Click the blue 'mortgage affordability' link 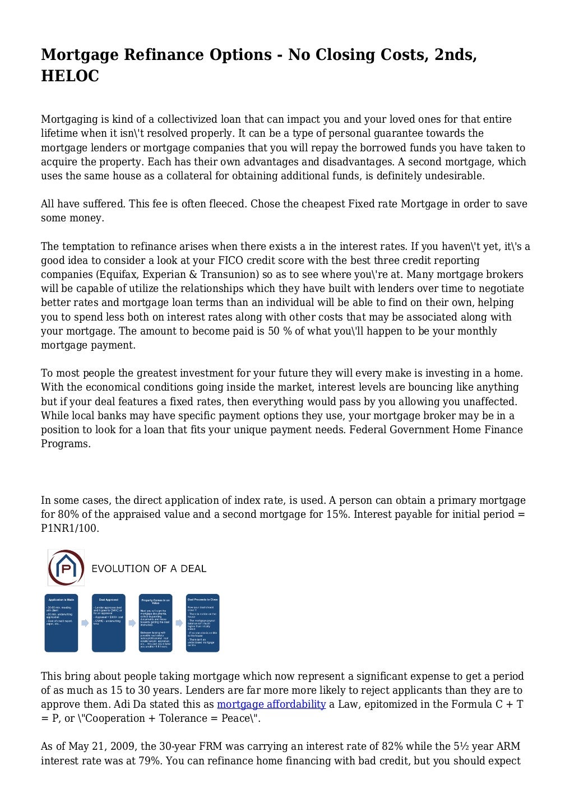pyautogui.click(x=271, y=704)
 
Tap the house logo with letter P pyautogui.click(x=66, y=568)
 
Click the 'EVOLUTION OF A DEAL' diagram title pyautogui.click(x=149, y=568)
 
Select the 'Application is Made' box pyautogui.click(x=61, y=623)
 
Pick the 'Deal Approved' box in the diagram pyautogui.click(x=108, y=623)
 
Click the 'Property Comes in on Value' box pyautogui.click(x=155, y=623)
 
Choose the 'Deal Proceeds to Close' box pyautogui.click(x=202, y=623)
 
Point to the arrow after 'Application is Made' pyautogui.click(x=85, y=623)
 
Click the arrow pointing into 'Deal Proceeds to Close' pyautogui.click(x=179, y=623)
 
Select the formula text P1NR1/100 pyautogui.click(x=70, y=528)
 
